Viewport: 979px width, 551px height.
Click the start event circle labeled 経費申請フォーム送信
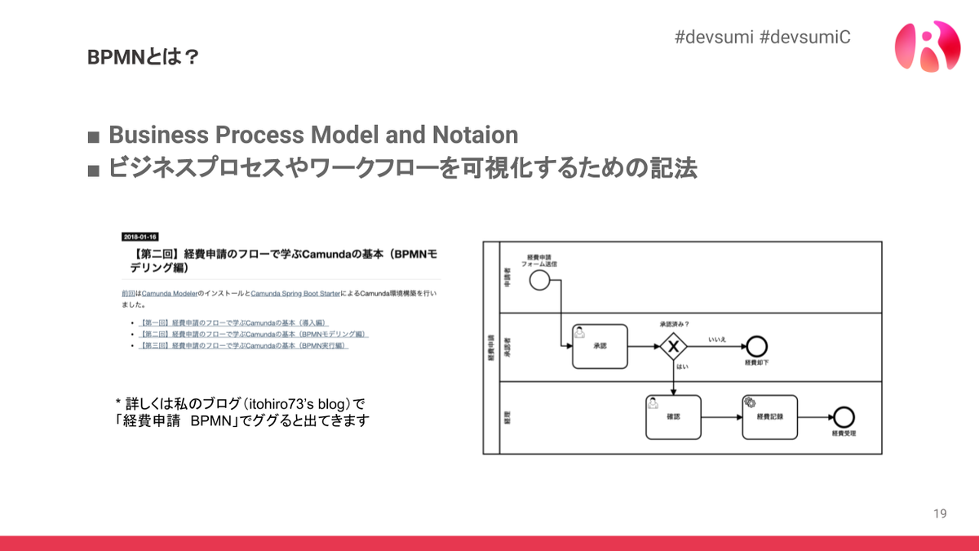point(538,280)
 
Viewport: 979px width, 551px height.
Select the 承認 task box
point(601,347)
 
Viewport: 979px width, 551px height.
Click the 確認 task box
point(673,416)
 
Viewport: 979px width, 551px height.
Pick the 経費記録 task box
point(769,416)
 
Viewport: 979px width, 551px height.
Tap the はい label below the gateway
point(682,367)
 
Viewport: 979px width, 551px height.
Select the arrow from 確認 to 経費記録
point(721,416)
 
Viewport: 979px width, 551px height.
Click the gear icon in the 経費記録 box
point(749,402)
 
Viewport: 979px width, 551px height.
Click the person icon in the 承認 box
point(579,331)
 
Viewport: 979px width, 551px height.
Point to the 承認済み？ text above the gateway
point(674,324)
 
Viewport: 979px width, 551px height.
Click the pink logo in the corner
point(927,46)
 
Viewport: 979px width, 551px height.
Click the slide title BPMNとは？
point(143,57)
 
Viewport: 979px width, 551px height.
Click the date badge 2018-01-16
point(140,236)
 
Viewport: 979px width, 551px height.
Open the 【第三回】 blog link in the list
point(244,345)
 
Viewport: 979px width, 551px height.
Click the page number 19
point(940,513)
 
